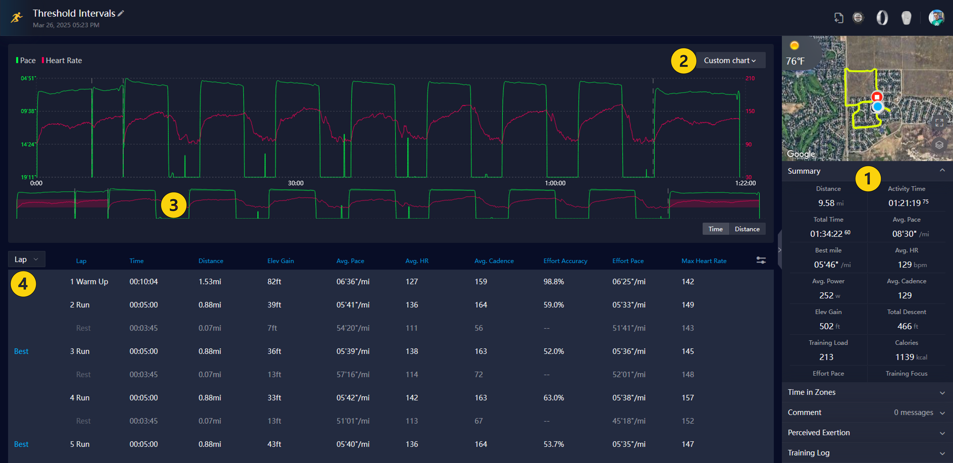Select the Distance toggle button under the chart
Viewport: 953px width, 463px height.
(x=747, y=229)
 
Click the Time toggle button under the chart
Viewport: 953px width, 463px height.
(x=715, y=229)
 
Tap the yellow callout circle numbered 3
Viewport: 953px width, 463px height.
(x=173, y=205)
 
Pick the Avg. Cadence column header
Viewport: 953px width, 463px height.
(x=494, y=261)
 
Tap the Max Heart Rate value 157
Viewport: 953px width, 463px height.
(x=687, y=398)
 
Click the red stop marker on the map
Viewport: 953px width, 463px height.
(x=876, y=97)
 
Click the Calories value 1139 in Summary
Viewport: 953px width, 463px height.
(x=904, y=357)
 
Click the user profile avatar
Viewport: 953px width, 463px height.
(x=936, y=17)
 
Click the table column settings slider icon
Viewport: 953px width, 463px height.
(x=761, y=260)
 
